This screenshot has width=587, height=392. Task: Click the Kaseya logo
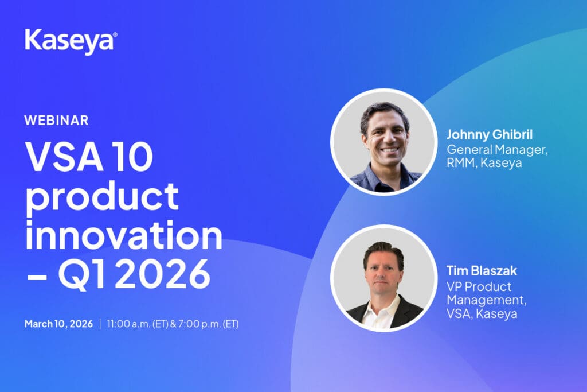(71, 41)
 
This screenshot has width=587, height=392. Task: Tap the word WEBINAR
(57, 121)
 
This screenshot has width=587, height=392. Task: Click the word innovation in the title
(124, 235)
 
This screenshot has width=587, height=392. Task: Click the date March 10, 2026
(59, 324)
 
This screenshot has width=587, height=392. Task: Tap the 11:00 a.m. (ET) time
(138, 324)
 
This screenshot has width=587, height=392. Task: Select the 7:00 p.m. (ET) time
(208, 324)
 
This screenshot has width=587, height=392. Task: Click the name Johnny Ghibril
(490, 134)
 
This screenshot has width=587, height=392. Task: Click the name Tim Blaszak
(482, 270)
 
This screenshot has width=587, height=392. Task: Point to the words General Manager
(497, 150)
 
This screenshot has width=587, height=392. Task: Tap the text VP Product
(479, 287)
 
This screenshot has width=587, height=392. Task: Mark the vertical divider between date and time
(100, 324)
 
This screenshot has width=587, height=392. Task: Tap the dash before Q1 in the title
(37, 277)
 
